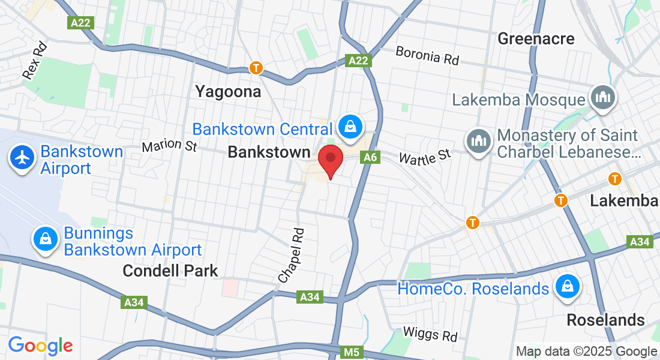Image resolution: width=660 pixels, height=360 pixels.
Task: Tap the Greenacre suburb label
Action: click(536, 39)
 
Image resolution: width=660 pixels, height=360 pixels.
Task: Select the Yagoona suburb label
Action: click(228, 92)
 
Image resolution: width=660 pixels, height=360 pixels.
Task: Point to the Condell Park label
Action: click(170, 271)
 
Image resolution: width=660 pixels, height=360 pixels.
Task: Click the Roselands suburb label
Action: click(606, 319)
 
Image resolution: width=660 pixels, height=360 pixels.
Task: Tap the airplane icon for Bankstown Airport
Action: click(23, 158)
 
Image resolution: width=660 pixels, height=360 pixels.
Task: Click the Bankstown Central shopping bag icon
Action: click(349, 126)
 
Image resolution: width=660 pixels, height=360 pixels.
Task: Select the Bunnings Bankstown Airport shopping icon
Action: click(46, 239)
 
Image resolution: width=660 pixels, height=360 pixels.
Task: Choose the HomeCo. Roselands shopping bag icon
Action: click(566, 287)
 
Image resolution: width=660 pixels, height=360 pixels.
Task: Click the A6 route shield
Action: click(370, 157)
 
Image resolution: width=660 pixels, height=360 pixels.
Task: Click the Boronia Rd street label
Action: click(427, 56)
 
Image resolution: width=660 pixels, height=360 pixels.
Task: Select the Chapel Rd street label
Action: click(292, 255)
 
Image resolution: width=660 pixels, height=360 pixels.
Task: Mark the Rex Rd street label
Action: click(34, 60)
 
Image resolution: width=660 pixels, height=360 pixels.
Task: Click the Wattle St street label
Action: click(425, 157)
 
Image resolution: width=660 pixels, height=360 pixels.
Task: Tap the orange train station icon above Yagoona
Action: click(256, 68)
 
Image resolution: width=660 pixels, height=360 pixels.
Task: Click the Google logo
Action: click(40, 346)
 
